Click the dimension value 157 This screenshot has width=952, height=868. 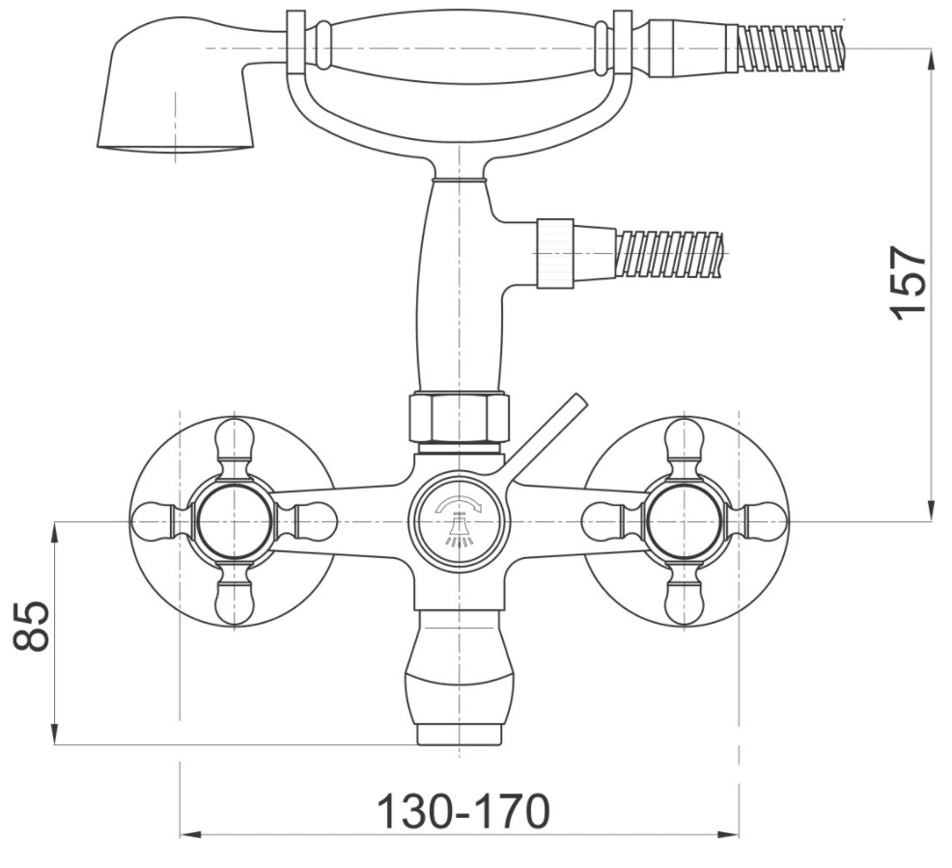coord(909,282)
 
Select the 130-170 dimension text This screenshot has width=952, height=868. coord(463,811)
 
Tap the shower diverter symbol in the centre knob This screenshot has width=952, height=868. coord(460,520)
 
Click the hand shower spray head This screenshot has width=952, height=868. coord(174,87)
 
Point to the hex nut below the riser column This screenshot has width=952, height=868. coord(459,418)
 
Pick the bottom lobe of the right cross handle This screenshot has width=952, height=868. coord(685,603)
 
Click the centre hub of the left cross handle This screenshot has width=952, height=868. coord(235,521)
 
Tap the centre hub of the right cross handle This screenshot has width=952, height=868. coord(685,521)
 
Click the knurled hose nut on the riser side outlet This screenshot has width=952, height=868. coord(555,253)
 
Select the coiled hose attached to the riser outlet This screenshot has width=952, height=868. coord(668,254)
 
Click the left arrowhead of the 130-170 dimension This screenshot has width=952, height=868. coord(190,834)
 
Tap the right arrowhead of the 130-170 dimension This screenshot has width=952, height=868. coord(729,834)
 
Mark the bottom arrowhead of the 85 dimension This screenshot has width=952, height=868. coord(55,734)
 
